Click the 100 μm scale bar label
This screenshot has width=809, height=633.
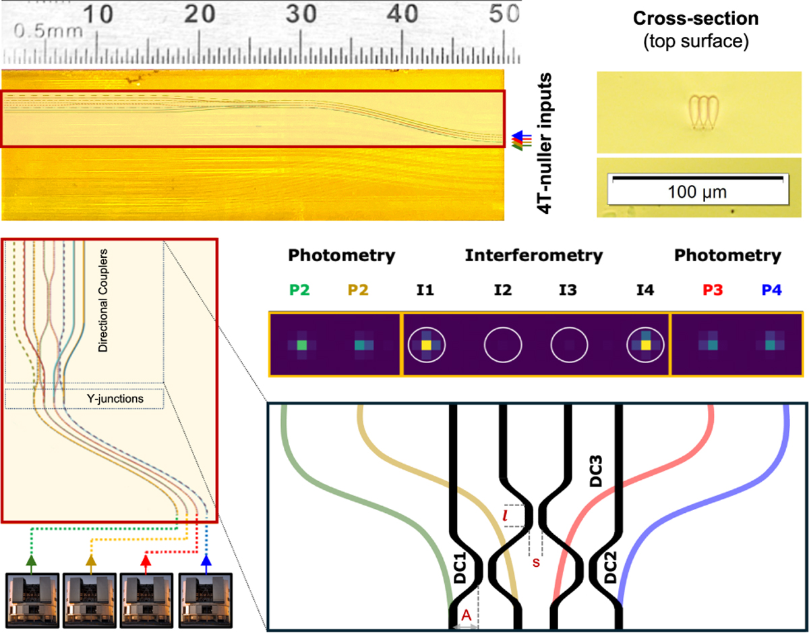pos(698,192)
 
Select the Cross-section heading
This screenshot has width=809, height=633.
pos(698,20)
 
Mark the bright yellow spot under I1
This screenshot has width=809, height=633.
pos(426,345)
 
